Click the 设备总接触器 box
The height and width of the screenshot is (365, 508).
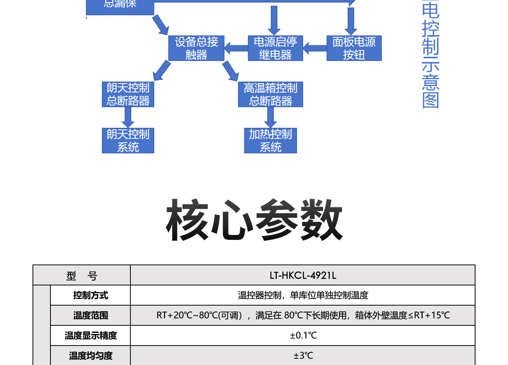pyautogui.click(x=196, y=48)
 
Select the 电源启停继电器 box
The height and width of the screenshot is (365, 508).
pyautogui.click(x=275, y=48)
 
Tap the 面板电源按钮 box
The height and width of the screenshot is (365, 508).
pyautogui.click(x=354, y=48)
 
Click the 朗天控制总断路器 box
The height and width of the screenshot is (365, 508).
pyautogui.click(x=128, y=95)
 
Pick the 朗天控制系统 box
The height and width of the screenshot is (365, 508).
pyautogui.click(x=128, y=140)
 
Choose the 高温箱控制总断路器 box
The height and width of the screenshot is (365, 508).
pyautogui.click(x=270, y=95)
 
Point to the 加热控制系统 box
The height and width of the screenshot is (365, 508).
pyautogui.click(x=270, y=140)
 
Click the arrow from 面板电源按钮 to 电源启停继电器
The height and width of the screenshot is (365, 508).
pyautogui.click(x=315, y=48)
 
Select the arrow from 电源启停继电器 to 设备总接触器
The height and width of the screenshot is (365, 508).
pyautogui.click(x=236, y=48)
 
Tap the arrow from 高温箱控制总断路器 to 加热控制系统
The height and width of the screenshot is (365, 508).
pyautogui.click(x=270, y=117)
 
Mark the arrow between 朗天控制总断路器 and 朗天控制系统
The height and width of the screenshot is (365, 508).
pyautogui.click(x=128, y=117)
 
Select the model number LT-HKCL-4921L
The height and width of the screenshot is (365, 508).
pyautogui.click(x=303, y=276)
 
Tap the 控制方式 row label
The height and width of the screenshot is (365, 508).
pyautogui.click(x=91, y=296)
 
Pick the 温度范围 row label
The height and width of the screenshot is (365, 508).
pyautogui.click(x=91, y=316)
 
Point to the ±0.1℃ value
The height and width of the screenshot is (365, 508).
pyautogui.click(x=303, y=335)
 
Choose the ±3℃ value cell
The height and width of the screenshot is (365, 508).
pyautogui.click(x=303, y=356)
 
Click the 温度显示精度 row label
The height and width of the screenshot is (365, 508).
pyautogui.click(x=91, y=335)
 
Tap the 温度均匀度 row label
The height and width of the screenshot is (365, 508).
pyautogui.click(x=91, y=356)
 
